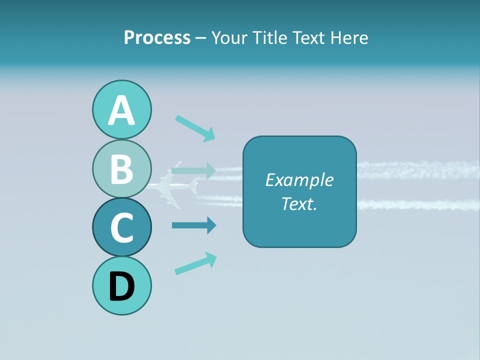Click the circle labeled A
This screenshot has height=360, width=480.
coord(121,110)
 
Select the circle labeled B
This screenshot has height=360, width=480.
coord(121,168)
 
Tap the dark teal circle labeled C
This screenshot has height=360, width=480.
coord(121,227)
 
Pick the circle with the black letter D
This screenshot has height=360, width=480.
coord(121,285)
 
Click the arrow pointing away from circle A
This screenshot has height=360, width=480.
coord(195,128)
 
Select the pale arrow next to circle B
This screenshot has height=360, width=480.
coord(193,170)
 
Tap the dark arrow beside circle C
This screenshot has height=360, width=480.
coord(193,225)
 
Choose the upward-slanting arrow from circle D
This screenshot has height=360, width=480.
coord(195,263)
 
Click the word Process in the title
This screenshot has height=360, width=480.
coord(157,37)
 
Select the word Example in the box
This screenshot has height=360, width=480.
coord(299,180)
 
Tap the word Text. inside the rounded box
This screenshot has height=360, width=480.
coord(299,203)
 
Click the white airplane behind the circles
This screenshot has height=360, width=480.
coord(172,189)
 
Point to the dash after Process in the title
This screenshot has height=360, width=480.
coord(200,38)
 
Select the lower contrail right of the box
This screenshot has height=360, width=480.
coord(417,204)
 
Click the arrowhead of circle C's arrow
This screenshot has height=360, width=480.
coord(211,225)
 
